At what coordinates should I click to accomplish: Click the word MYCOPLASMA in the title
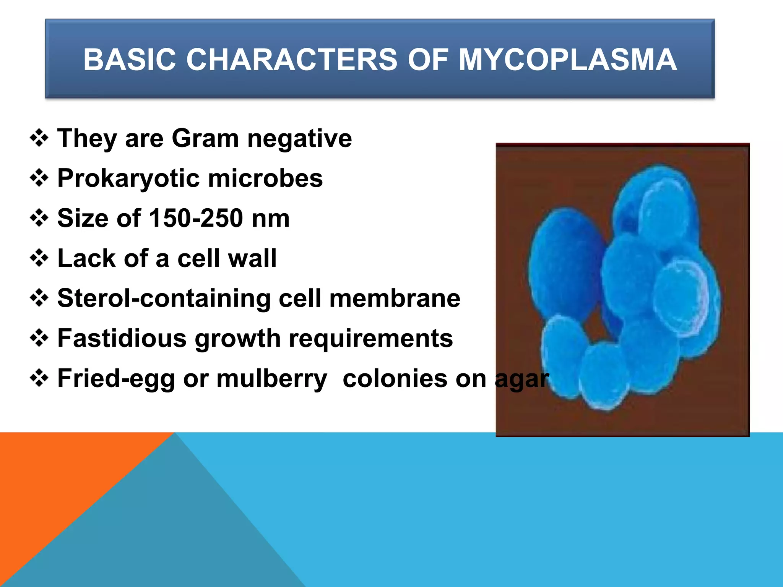click(x=568, y=60)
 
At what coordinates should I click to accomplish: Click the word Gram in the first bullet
click(x=205, y=138)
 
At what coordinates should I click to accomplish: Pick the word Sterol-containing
click(x=164, y=298)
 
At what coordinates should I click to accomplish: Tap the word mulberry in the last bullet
click(x=272, y=379)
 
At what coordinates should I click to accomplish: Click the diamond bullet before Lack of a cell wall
click(x=39, y=258)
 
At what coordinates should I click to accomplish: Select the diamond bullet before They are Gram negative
click(x=39, y=138)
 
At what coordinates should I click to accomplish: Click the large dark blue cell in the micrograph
click(x=562, y=264)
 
